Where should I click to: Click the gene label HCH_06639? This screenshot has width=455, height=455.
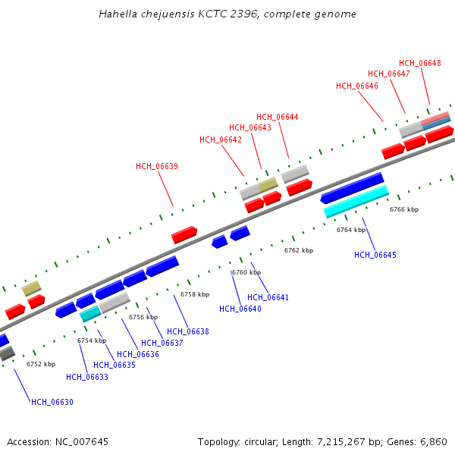157,166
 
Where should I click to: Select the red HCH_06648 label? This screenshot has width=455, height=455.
420,63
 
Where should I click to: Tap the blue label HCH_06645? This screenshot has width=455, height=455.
375,255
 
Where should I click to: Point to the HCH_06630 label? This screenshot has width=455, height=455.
52,402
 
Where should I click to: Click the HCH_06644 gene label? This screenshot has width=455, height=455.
277,117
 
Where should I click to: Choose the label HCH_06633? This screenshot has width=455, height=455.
87,377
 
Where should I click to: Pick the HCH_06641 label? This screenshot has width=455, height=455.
268,297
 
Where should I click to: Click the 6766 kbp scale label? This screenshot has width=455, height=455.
404,209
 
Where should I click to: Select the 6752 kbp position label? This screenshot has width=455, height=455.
41,364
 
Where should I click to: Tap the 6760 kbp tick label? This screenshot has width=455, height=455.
246,272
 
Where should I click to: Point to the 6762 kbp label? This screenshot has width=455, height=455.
299,250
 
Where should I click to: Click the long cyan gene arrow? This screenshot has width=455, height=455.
356,202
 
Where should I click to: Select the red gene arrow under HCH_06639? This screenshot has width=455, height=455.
184,234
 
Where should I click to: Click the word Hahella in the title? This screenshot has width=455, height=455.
117,14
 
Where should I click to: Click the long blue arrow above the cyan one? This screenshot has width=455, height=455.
353,188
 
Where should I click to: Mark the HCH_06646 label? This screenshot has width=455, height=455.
357,86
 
